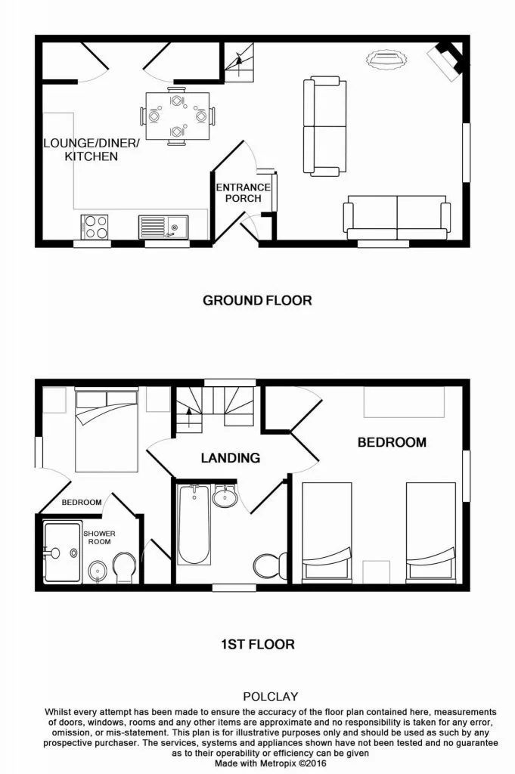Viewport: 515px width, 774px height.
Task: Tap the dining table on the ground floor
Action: pyautogui.click(x=176, y=116)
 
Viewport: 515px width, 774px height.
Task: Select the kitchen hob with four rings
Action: pyautogui.click(x=95, y=227)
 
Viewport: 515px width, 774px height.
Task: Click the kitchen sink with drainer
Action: pyautogui.click(x=162, y=227)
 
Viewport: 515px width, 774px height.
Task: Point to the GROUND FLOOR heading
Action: pyautogui.click(x=257, y=300)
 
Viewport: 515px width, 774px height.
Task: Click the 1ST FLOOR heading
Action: pyautogui.click(x=257, y=645)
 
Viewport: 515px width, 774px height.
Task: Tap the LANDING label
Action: pyautogui.click(x=230, y=457)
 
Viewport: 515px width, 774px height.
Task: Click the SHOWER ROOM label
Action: pyautogui.click(x=99, y=537)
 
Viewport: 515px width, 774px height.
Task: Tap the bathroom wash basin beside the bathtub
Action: pyautogui.click(x=223, y=497)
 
